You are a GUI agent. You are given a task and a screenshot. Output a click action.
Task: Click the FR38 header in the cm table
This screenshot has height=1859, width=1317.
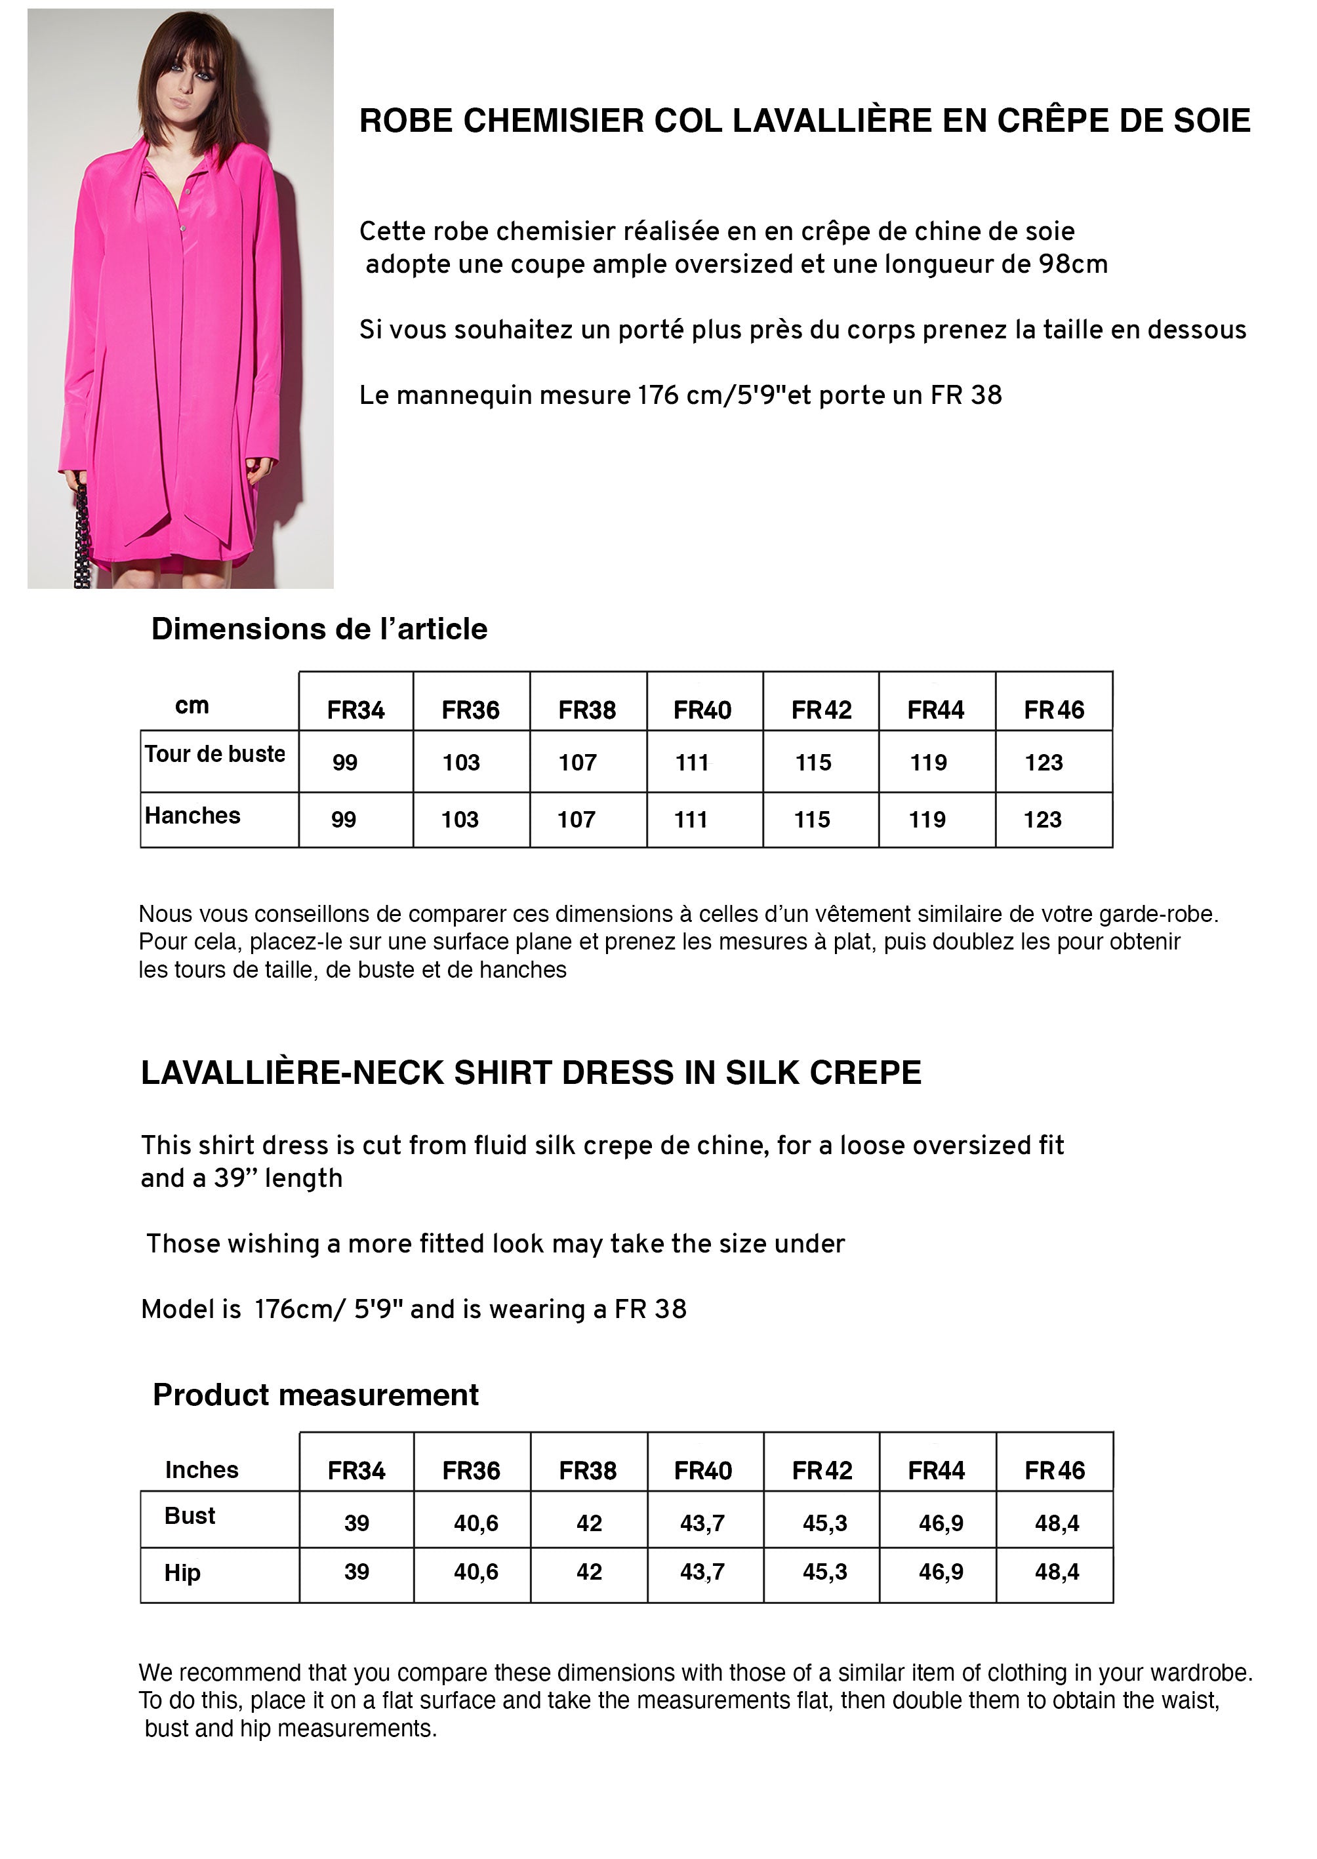point(587,710)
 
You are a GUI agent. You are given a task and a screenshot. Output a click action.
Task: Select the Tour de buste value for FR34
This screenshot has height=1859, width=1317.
point(344,762)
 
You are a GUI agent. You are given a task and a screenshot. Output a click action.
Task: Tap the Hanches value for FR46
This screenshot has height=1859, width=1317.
point(1042,820)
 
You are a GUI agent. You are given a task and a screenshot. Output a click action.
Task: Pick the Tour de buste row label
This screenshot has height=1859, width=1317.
point(215,754)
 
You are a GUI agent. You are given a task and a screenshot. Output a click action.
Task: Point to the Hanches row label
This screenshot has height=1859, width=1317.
point(193,816)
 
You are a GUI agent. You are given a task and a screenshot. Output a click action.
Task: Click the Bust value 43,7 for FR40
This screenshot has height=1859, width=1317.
point(702,1523)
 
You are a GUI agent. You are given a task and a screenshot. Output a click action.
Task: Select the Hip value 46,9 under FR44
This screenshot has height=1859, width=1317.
point(941,1572)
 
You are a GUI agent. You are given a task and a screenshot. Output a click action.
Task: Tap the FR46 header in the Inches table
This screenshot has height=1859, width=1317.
point(1054,1471)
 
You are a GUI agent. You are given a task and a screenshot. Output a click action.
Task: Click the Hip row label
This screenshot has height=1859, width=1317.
point(182,1573)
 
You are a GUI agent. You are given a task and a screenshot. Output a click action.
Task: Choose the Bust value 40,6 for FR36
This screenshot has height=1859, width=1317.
point(476,1523)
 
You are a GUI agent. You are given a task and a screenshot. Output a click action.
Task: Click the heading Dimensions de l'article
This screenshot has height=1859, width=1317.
point(319,629)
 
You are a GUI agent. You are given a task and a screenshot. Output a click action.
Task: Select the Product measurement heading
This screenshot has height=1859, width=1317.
point(315,1395)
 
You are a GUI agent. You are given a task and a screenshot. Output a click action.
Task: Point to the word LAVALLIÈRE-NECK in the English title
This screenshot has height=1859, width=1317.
point(292,1073)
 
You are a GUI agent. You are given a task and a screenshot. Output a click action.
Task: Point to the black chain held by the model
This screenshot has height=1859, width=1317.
point(82,539)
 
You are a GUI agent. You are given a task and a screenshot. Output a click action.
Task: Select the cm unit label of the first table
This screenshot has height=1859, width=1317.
point(192,706)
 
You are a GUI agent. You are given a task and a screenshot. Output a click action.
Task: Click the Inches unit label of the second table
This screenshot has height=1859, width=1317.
point(202,1470)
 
